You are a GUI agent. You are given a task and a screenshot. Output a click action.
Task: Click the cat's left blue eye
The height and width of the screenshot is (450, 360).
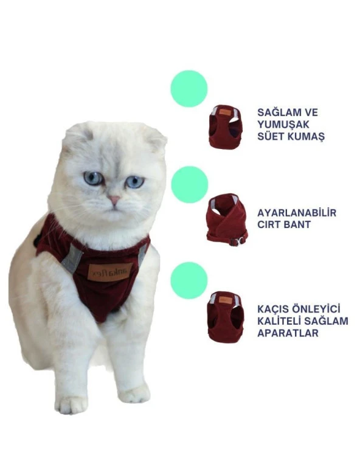[94, 178]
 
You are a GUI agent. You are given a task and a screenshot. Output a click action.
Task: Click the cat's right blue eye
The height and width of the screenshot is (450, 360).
[134, 182]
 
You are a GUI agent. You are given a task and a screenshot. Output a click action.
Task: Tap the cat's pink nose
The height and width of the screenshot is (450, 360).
[114, 200]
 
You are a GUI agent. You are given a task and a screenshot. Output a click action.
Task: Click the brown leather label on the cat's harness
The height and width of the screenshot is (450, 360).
[108, 272]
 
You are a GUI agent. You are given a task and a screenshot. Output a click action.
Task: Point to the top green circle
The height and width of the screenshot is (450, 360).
[189, 89]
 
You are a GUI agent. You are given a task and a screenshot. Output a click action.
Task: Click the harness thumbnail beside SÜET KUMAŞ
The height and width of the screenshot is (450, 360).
[226, 126]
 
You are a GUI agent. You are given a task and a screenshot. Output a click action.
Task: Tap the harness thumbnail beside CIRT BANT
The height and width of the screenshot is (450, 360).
[226, 220]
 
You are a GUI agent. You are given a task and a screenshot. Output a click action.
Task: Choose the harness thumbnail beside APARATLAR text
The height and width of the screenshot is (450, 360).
[226, 316]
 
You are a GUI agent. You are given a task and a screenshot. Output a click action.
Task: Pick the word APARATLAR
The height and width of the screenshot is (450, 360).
[288, 333]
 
